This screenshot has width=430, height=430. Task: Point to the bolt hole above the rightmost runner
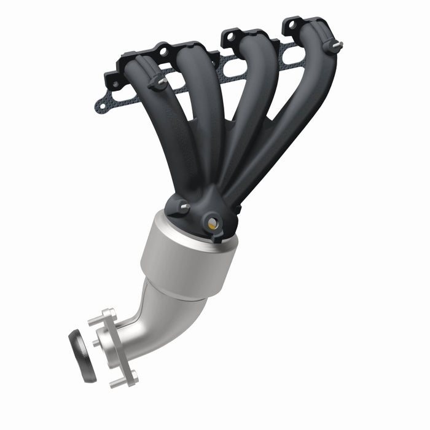tap(291, 25)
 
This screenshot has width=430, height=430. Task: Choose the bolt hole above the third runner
tap(230, 36)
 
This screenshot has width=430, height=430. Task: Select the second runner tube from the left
tap(203, 111)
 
